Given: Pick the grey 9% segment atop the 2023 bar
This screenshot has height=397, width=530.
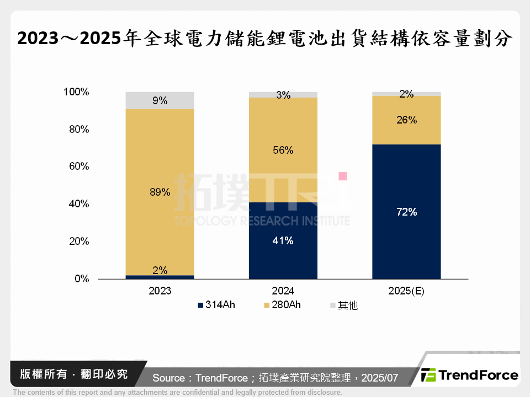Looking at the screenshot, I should tap(160, 100).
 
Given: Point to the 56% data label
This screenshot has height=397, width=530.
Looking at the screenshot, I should tap(283, 151).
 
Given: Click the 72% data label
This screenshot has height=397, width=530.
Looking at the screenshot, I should tap(406, 212).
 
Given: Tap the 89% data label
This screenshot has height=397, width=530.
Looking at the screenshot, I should tap(160, 192).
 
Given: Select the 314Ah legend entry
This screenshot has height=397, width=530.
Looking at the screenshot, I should tap(216, 305).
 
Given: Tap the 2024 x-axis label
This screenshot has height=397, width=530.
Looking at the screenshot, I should tap(283, 291).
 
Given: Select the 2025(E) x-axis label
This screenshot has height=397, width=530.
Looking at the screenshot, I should tap(406, 291).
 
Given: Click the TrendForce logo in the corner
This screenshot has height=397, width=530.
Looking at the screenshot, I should tap(469, 375).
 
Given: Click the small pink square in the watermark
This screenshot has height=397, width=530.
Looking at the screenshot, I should tap(342, 176).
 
